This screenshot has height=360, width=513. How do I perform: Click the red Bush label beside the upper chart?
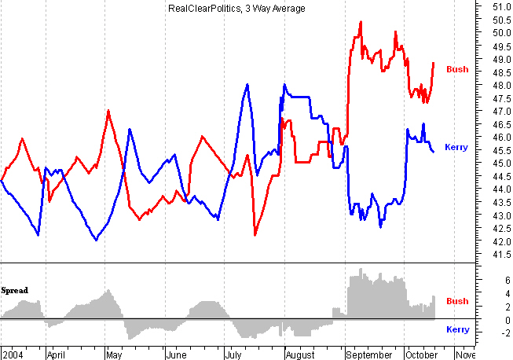(x=457, y=69)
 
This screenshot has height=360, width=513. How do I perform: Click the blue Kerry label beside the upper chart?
(x=456, y=147)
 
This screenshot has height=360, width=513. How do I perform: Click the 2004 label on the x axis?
(x=13, y=354)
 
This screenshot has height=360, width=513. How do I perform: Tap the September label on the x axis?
(x=369, y=354)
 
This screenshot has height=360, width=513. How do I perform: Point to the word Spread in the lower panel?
(x=14, y=290)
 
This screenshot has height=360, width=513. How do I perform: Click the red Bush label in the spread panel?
(x=457, y=301)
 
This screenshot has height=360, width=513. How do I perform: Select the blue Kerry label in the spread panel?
(x=457, y=329)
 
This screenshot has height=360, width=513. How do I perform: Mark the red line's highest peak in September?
(x=361, y=22)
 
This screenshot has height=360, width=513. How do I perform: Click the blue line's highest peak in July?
(x=247, y=84)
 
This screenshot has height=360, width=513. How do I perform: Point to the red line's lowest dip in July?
(x=255, y=235)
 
